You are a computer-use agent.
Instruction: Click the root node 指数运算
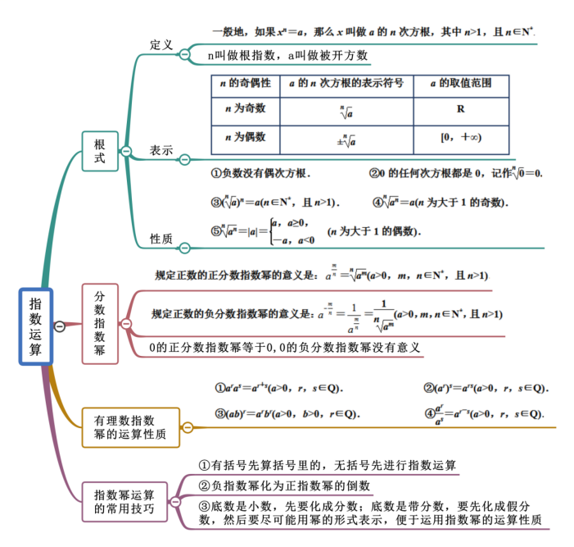click(x=35, y=326)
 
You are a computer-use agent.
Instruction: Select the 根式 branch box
click(x=100, y=151)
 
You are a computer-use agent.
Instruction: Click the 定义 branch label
click(x=161, y=45)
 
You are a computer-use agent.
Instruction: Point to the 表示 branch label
click(x=161, y=151)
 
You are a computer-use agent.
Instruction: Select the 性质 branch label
click(x=161, y=239)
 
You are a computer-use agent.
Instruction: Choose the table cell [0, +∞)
click(x=461, y=138)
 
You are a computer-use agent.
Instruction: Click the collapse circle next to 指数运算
click(x=60, y=326)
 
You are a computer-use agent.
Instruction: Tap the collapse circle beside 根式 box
click(x=126, y=151)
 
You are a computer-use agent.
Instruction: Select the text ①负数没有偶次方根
click(x=261, y=174)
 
